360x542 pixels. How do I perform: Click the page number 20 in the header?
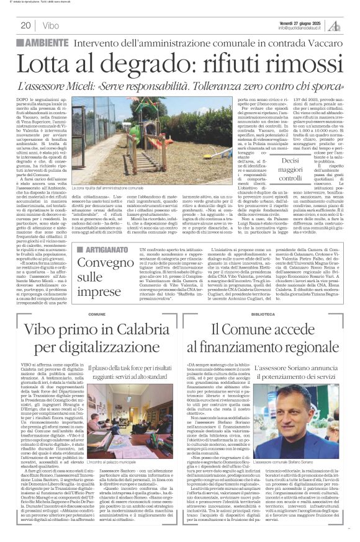coord(25,25)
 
